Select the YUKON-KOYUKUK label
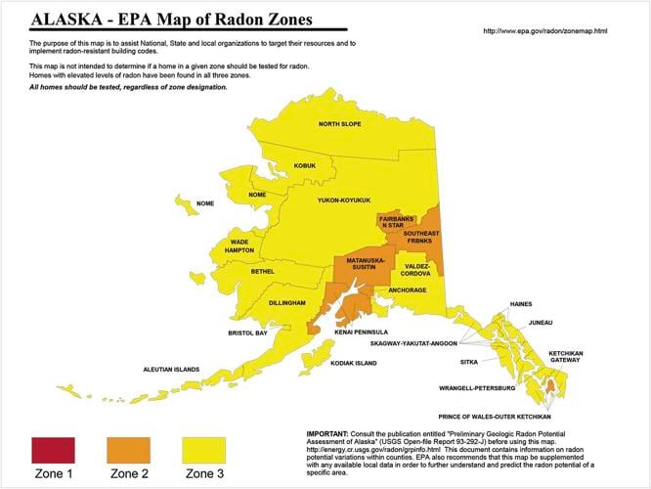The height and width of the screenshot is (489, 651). [343, 200]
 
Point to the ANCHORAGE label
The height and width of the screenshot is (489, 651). [408, 290]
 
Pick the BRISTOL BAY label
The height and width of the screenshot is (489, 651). [247, 333]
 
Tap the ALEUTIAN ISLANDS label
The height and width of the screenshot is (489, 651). [172, 369]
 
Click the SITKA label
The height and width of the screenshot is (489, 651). [523, 361]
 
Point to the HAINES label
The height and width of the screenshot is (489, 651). [521, 304]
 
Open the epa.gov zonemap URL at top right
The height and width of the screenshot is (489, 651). [545, 31]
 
